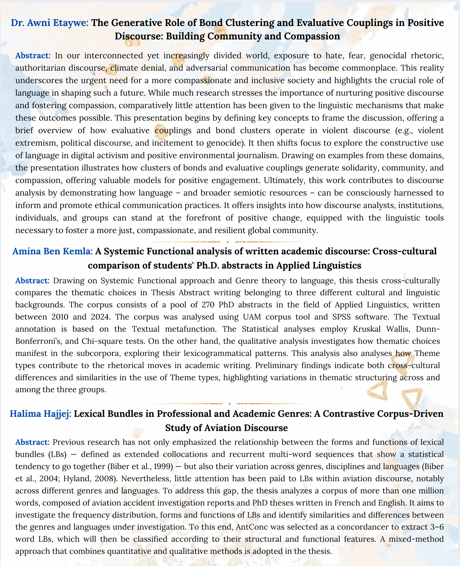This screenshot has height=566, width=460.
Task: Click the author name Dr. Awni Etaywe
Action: coord(50,23)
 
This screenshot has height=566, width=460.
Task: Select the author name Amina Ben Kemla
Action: coord(52,251)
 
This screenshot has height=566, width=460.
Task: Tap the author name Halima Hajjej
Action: coord(40,414)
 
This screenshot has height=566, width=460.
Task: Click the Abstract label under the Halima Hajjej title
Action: coord(32,442)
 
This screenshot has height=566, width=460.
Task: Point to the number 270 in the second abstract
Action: coord(208,305)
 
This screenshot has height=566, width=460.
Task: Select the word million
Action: coord(431,490)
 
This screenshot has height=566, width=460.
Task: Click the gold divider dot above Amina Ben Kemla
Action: coord(228,242)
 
